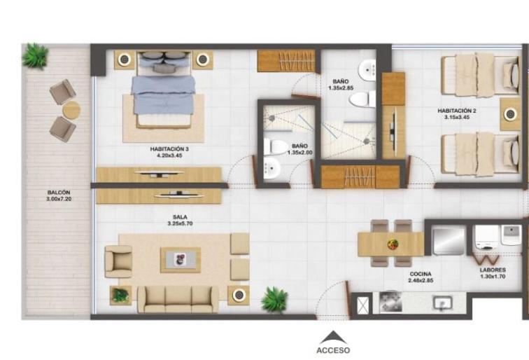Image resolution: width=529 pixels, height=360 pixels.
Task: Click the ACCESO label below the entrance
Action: click(x=333, y=350)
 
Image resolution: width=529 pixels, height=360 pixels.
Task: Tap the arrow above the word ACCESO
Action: click(x=333, y=338)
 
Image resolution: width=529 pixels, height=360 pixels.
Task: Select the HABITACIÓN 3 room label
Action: click(x=169, y=149)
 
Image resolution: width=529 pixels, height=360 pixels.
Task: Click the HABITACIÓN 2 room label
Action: click(x=457, y=111)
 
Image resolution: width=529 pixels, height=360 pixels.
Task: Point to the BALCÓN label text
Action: click(x=59, y=193)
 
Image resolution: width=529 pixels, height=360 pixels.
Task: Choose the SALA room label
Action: click(x=180, y=217)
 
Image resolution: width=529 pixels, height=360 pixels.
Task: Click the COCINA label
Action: click(x=421, y=274)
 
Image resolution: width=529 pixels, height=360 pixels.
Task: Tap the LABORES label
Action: click(x=493, y=270)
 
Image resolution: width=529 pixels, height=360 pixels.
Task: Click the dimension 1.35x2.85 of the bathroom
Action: click(x=341, y=88)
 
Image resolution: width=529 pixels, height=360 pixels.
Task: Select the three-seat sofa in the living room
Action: click(x=178, y=299)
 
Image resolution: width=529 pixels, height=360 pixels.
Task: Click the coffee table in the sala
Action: click(x=181, y=260)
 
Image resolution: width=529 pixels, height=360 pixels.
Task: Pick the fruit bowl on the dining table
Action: click(x=393, y=244)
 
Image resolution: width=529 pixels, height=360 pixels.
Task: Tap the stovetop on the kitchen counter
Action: click(x=390, y=302)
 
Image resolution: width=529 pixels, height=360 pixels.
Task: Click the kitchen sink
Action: click(x=443, y=303)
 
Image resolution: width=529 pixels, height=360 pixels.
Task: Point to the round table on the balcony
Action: click(x=72, y=110)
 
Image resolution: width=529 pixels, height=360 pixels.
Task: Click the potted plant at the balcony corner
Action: click(x=35, y=56)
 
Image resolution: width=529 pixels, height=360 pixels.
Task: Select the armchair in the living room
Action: click(x=118, y=262)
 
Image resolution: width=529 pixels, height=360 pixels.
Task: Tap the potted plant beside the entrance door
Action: click(x=274, y=300)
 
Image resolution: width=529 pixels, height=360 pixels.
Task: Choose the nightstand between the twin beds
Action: click(x=510, y=114)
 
